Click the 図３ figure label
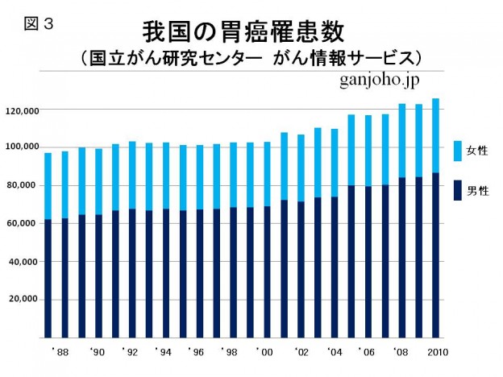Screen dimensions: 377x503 pyautogui.click(x=38, y=23)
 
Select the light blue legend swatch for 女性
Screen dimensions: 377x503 pyautogui.click(x=458, y=151)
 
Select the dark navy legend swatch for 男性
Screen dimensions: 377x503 pyautogui.click(x=458, y=190)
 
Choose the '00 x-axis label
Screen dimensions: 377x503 pyautogui.click(x=266, y=352)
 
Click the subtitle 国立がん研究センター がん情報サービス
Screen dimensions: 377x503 pyautogui.click(x=251, y=59)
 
